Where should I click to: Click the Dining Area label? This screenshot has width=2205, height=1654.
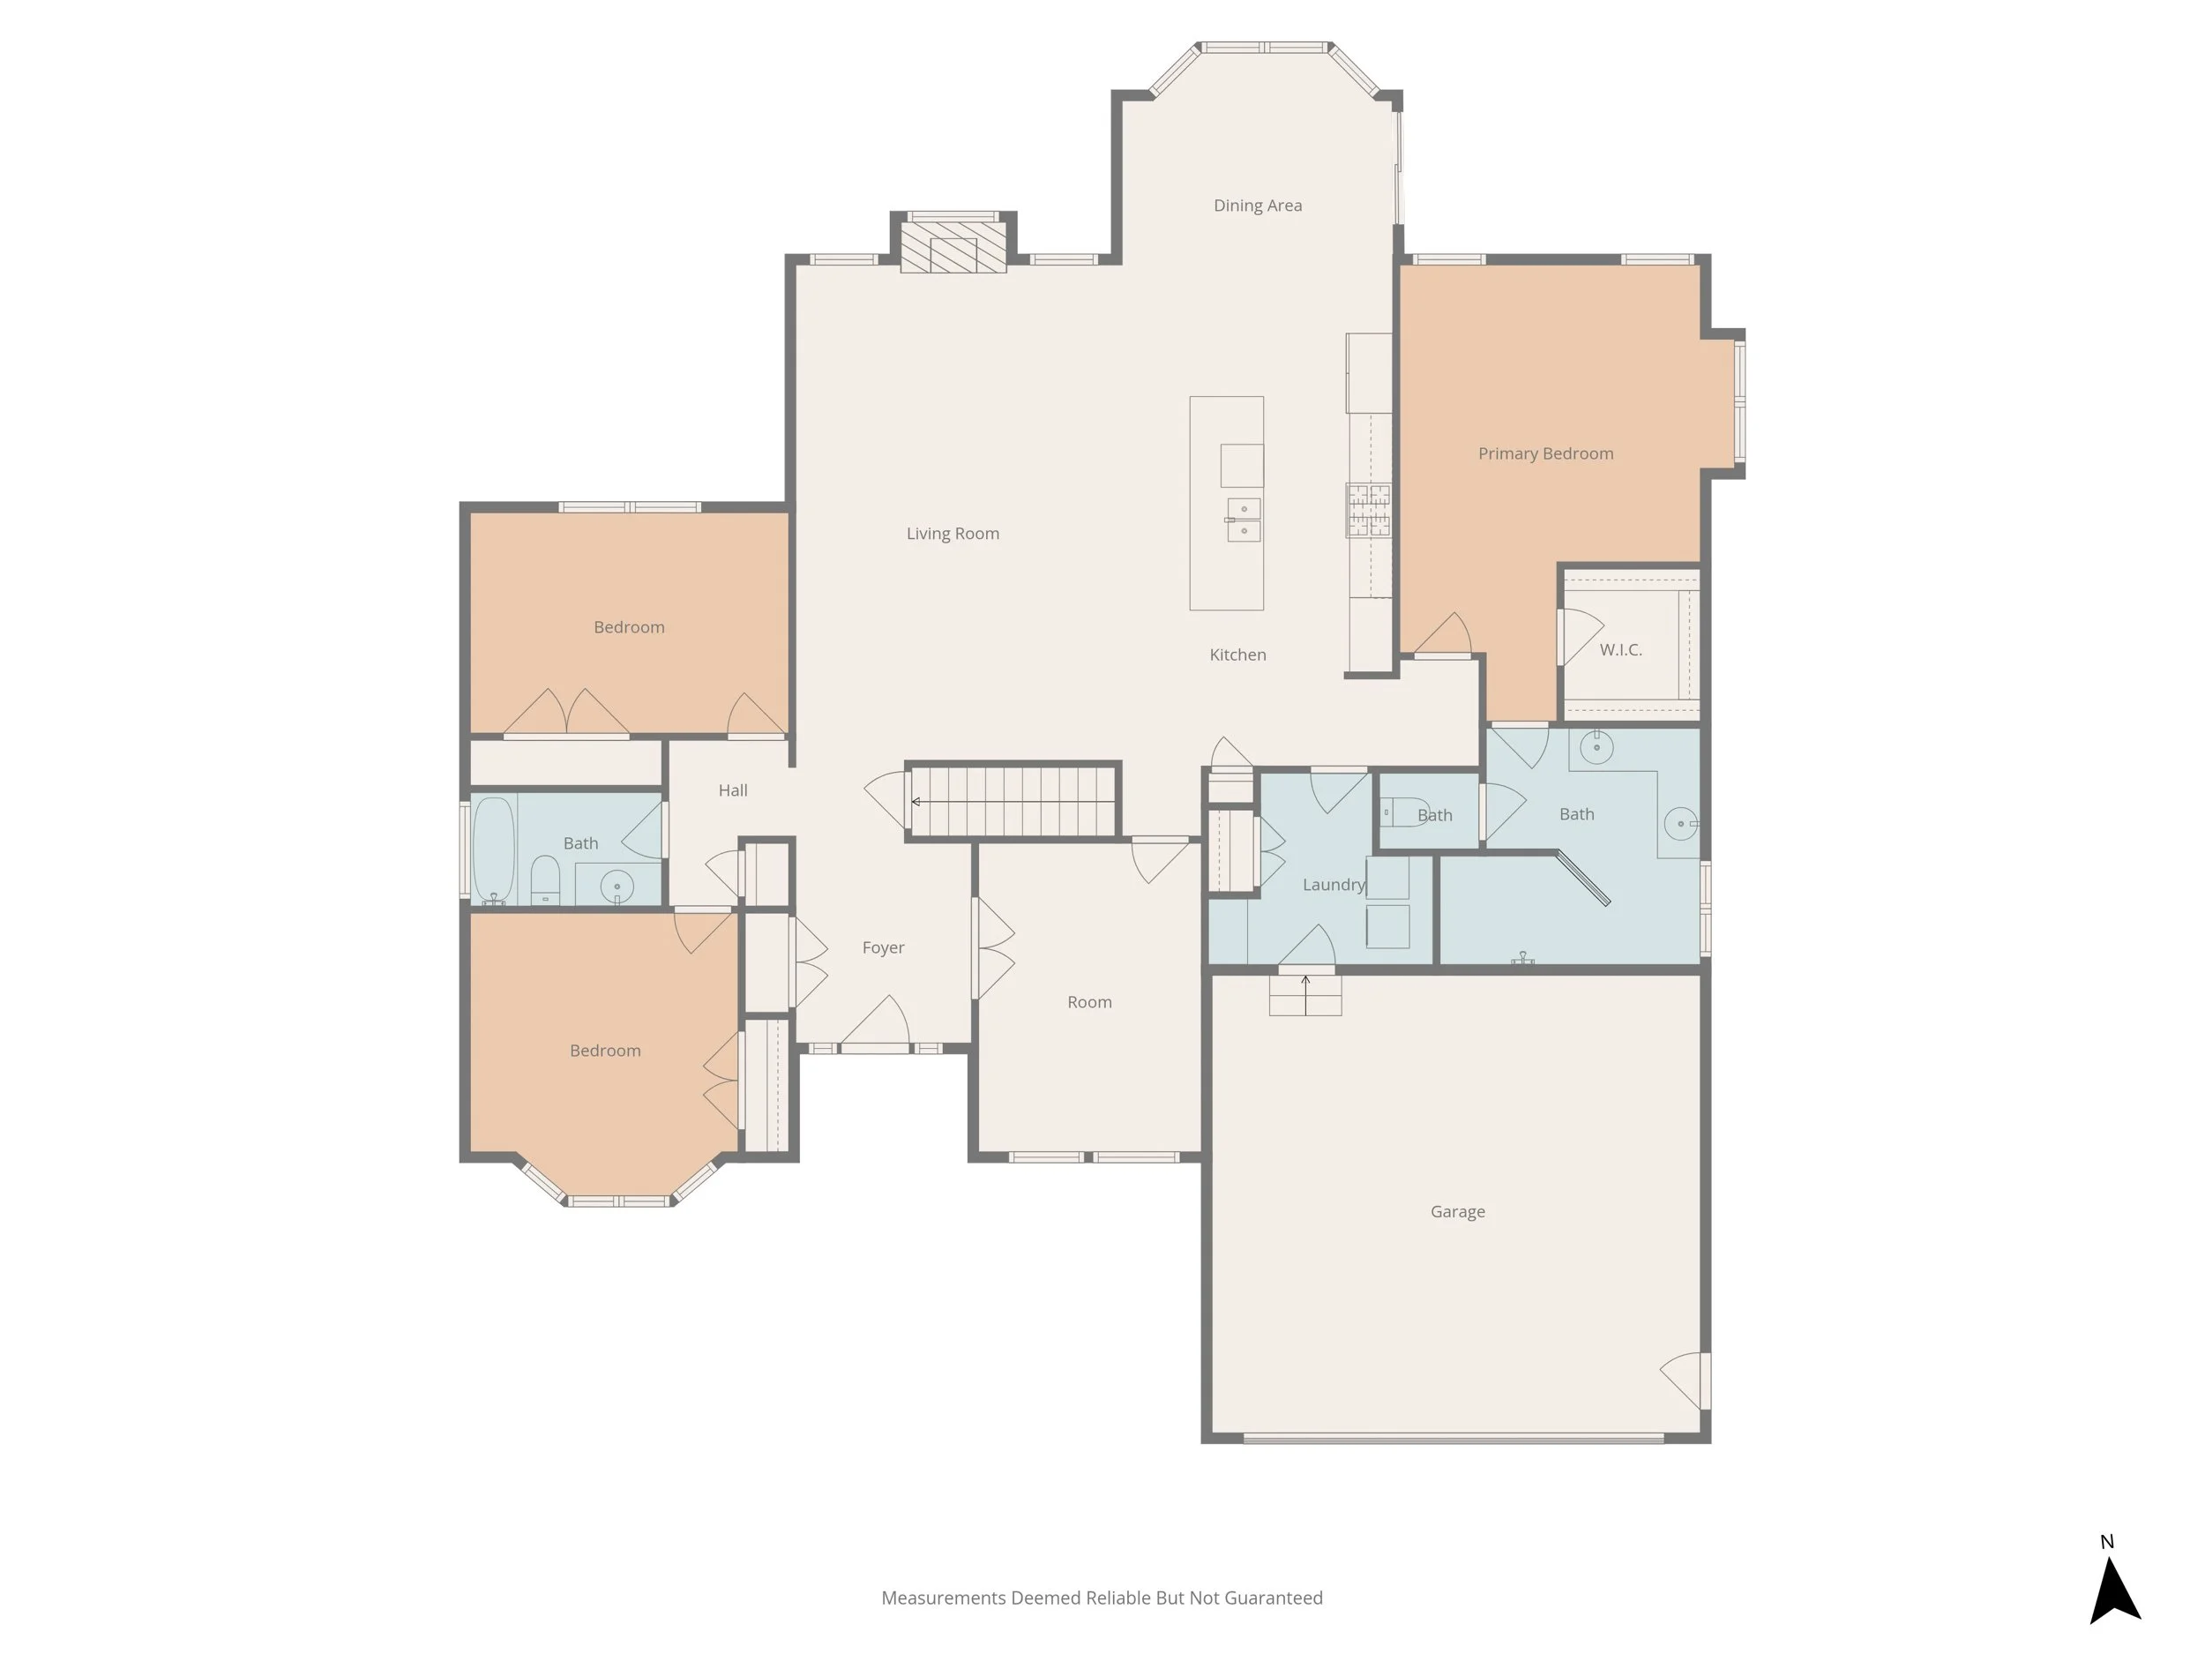(x=1257, y=206)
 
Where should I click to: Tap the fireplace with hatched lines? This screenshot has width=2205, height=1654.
(x=953, y=254)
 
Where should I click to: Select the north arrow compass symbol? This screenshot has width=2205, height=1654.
(x=2114, y=1590)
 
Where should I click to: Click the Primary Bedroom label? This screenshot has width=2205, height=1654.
(x=1545, y=453)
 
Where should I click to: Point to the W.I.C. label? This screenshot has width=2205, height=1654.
(x=1620, y=650)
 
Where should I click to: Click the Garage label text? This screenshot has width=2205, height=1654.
(x=1457, y=1211)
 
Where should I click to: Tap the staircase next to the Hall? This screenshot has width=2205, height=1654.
(x=1013, y=801)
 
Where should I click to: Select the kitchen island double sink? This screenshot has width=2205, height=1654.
(x=1243, y=520)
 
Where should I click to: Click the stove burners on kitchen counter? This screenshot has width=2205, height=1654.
(x=1369, y=510)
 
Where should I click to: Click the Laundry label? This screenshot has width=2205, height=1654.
(x=1333, y=884)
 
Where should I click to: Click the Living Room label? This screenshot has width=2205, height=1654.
(x=952, y=534)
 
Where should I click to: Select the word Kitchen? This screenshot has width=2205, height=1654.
(x=1237, y=655)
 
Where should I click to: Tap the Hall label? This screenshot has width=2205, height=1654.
(x=733, y=790)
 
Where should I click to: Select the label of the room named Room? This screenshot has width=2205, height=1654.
(x=1088, y=1002)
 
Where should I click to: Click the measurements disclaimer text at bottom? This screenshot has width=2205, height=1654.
(x=1102, y=1598)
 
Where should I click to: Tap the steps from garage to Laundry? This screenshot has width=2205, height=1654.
(x=1304, y=995)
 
